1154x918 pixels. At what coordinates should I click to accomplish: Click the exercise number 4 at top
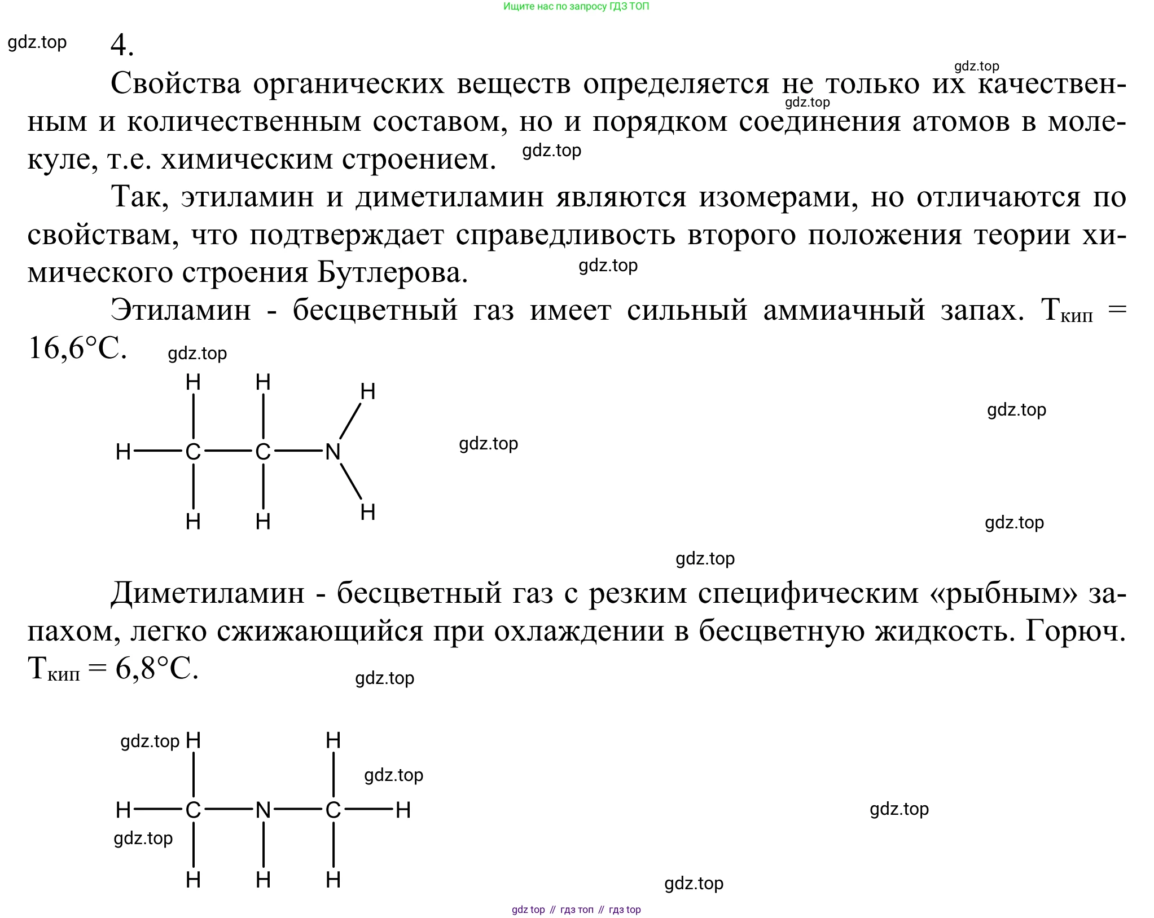[121, 45]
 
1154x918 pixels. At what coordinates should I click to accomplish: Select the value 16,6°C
[77, 348]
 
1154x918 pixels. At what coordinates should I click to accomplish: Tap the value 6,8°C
[157, 669]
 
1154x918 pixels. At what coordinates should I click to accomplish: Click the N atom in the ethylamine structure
[333, 452]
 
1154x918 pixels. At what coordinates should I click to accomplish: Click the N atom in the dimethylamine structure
[263, 810]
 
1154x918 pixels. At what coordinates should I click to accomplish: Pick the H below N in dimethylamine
[263, 880]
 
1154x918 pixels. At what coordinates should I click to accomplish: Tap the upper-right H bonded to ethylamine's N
[368, 391]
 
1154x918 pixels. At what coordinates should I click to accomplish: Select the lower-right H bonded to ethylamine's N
[368, 512]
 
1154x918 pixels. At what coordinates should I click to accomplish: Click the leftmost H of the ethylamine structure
[123, 452]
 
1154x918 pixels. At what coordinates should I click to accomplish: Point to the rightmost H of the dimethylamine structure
[403, 810]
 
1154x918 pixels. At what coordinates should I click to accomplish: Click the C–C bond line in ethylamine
[228, 451]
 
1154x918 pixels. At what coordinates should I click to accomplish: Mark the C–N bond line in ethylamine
[297, 451]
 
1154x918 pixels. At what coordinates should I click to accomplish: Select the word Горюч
[1076, 632]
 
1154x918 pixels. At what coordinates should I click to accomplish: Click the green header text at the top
[576, 7]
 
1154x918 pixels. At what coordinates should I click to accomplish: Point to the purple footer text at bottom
[576, 910]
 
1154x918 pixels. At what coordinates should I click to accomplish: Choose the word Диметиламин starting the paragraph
[208, 593]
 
